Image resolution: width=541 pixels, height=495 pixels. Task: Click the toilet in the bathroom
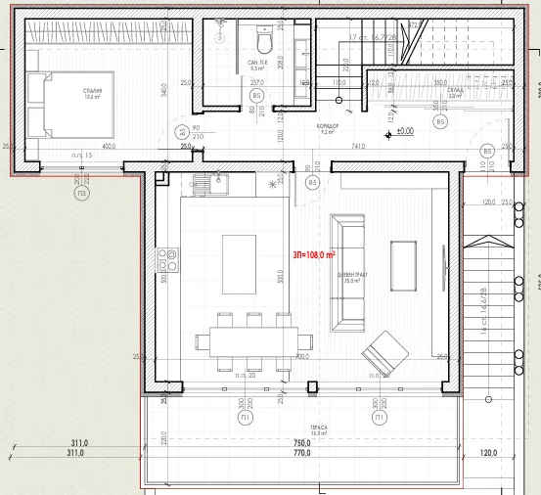tap(263, 43)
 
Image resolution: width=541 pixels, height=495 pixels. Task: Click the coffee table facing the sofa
tap(403, 265)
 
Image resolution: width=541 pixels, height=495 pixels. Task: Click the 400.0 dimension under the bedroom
tap(108, 147)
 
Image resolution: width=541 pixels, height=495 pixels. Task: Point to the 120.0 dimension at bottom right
tap(488, 453)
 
